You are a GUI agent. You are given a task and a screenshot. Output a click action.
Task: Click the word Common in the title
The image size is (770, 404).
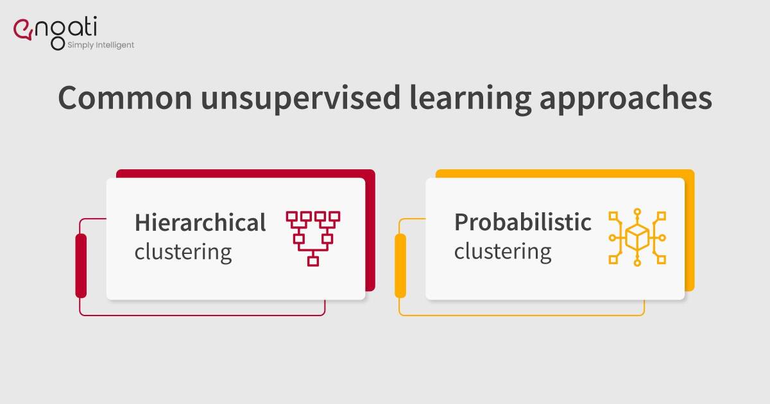(125, 98)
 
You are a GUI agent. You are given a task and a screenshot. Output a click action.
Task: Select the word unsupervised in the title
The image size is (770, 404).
(301, 99)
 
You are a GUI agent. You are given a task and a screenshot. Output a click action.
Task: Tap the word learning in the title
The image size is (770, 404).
(470, 99)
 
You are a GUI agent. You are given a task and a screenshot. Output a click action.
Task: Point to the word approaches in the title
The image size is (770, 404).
(626, 99)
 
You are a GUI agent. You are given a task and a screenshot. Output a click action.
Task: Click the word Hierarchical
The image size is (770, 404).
(200, 223)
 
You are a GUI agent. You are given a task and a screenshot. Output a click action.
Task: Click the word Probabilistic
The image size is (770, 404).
(523, 222)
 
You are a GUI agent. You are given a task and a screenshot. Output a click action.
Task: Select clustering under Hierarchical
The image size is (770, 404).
(184, 253)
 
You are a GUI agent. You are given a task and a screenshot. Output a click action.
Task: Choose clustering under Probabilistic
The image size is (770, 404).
(503, 252)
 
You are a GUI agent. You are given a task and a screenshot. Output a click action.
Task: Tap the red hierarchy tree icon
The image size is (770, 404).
(313, 239)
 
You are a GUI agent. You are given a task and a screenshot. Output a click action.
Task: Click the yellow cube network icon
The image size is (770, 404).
(637, 237)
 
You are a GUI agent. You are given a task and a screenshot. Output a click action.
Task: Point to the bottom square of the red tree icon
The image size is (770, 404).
(313, 261)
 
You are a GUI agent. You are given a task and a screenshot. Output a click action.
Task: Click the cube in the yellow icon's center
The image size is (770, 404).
(637, 237)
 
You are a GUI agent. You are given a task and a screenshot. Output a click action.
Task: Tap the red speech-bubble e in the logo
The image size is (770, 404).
(22, 29)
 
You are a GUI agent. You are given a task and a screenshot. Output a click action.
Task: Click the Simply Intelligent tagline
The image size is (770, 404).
(101, 45)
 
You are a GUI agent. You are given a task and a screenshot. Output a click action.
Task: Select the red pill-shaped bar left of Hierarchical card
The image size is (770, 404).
(81, 265)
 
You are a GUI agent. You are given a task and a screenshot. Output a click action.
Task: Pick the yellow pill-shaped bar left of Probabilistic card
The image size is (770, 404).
(400, 265)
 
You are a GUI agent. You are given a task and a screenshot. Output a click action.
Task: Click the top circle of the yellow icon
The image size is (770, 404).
(637, 212)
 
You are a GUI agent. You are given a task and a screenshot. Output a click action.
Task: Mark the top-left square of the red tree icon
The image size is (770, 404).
(291, 217)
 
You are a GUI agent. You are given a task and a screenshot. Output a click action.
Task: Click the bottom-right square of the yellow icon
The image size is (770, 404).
(662, 259)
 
